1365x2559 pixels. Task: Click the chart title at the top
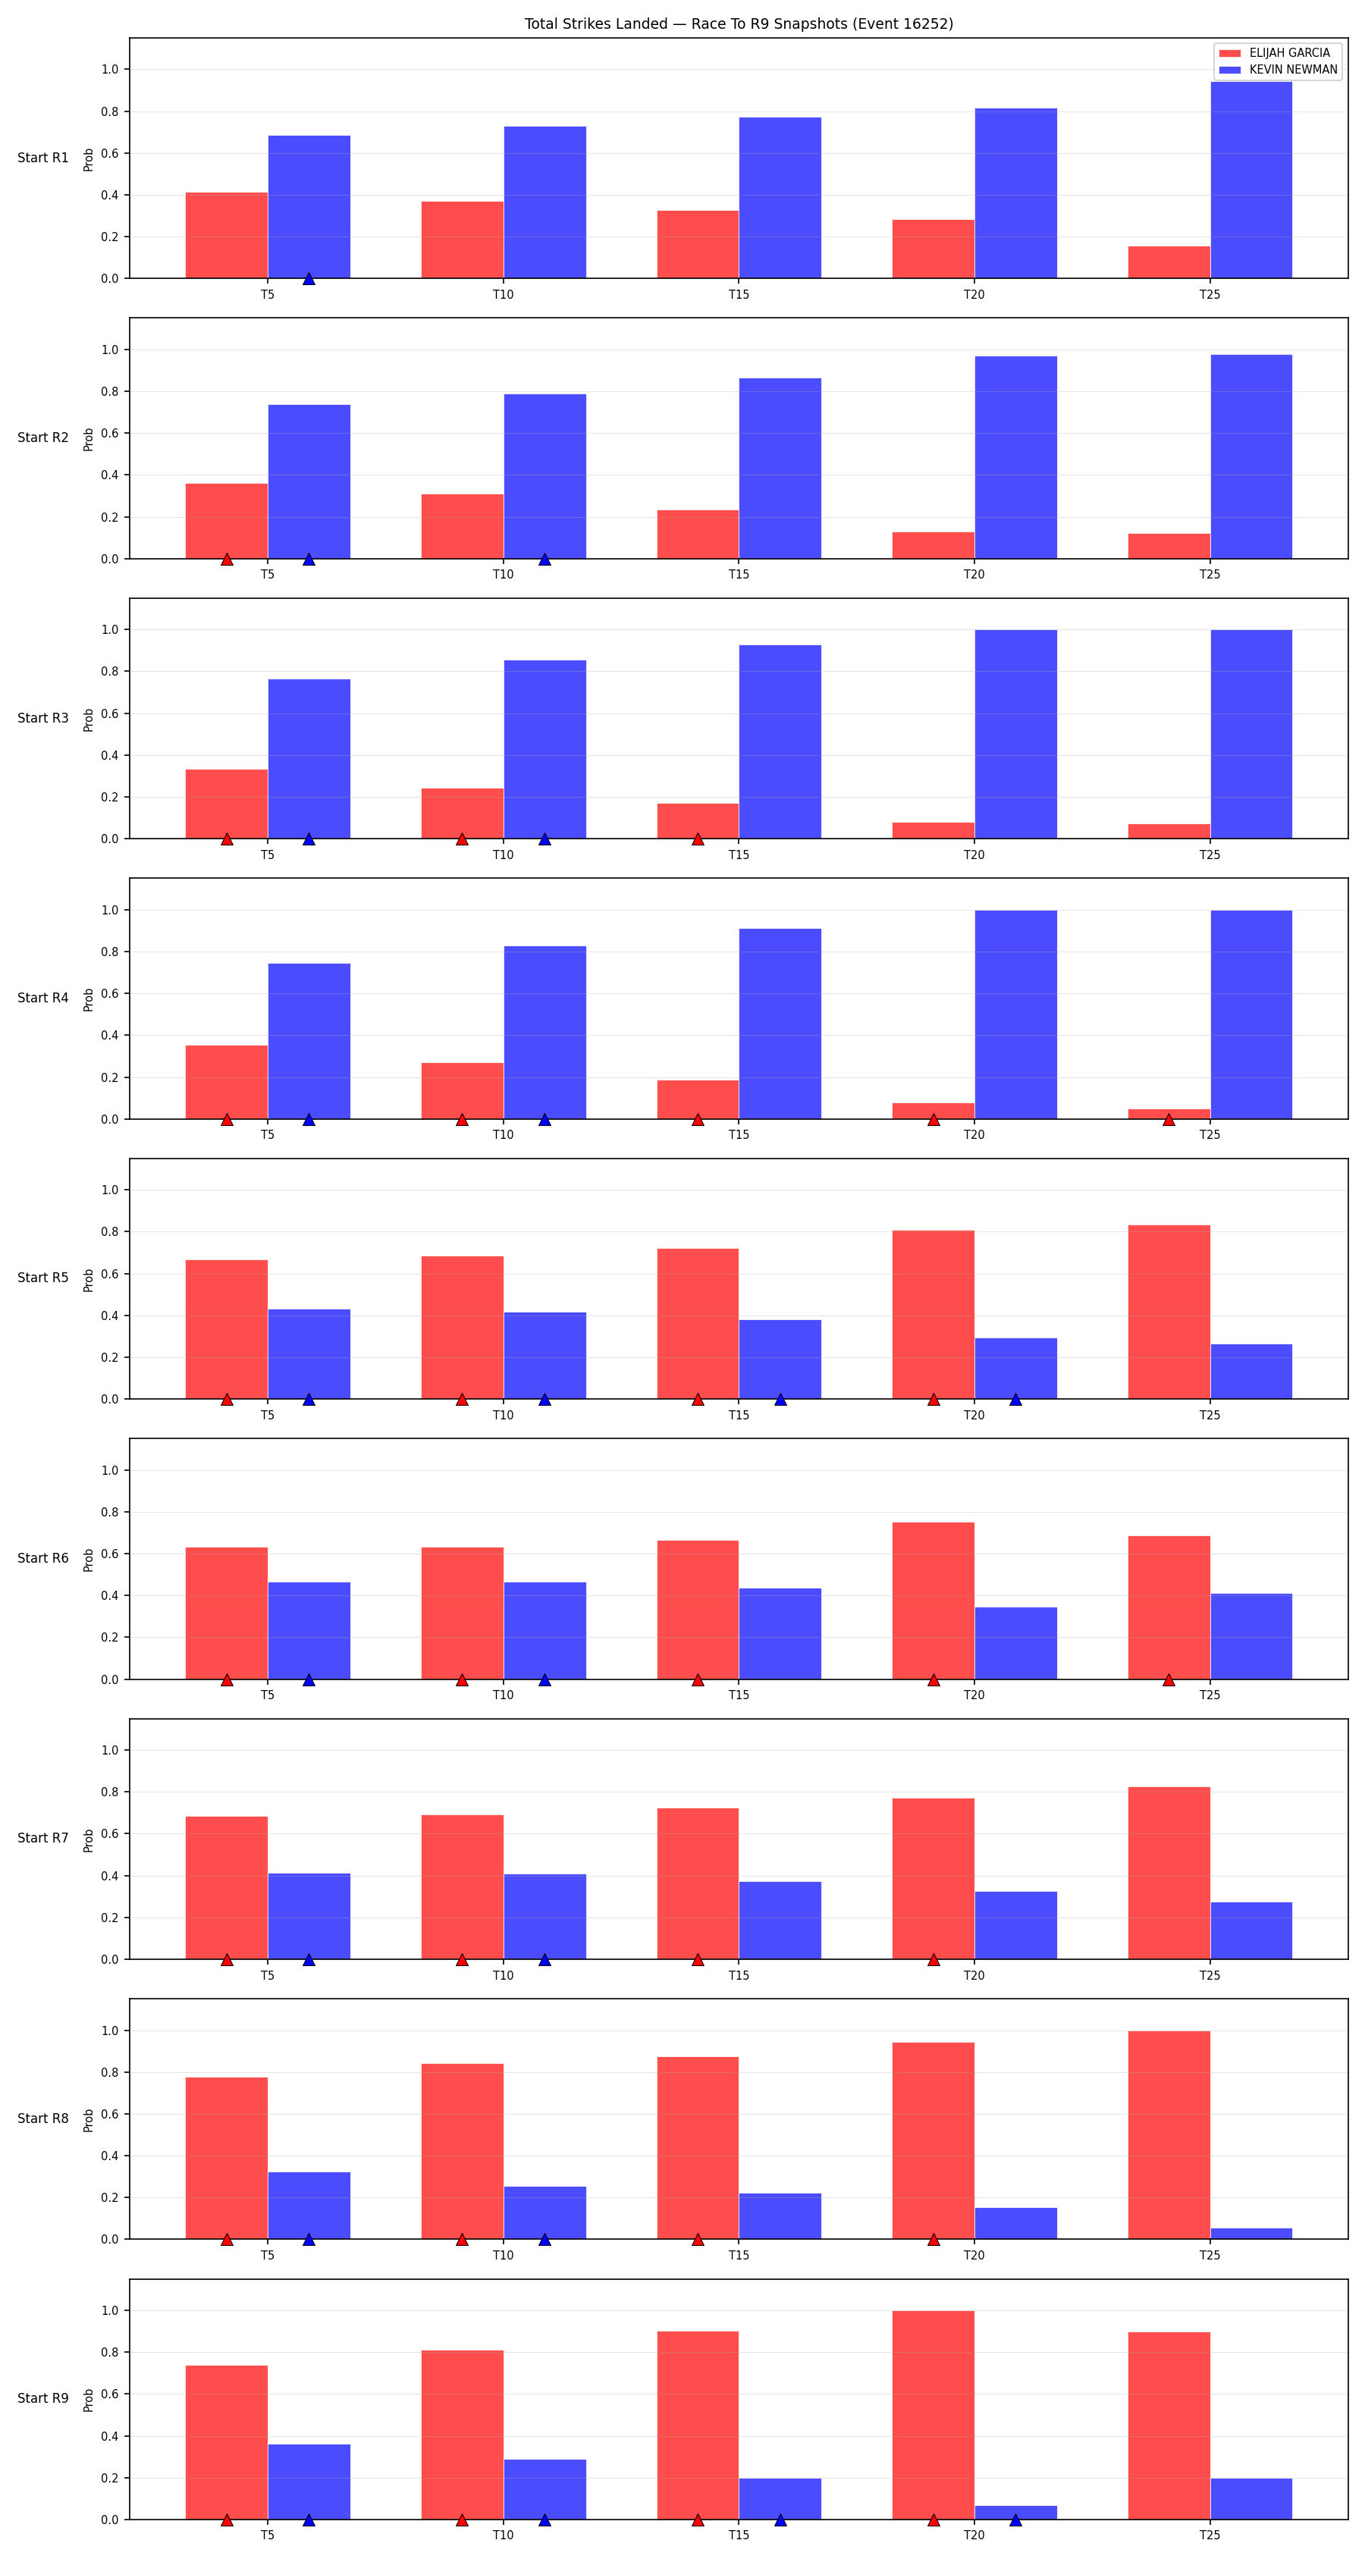(738, 24)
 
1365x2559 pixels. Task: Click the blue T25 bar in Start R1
(1250, 180)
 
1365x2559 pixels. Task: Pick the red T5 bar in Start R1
(227, 236)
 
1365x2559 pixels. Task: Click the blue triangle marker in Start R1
(309, 279)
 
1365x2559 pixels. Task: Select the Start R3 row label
(42, 718)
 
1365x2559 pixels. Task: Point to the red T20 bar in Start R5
(933, 1314)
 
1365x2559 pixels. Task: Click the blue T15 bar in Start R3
(780, 742)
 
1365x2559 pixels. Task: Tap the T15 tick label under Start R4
(738, 1134)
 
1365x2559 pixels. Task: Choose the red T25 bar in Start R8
(1169, 2135)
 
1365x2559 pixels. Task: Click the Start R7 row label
(42, 1839)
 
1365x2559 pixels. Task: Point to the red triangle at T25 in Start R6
(1169, 1679)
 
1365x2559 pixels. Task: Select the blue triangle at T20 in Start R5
(1015, 1400)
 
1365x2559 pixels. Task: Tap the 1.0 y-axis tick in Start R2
(109, 350)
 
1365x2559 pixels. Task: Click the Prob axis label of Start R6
(89, 1560)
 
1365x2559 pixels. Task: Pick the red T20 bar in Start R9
(933, 2415)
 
